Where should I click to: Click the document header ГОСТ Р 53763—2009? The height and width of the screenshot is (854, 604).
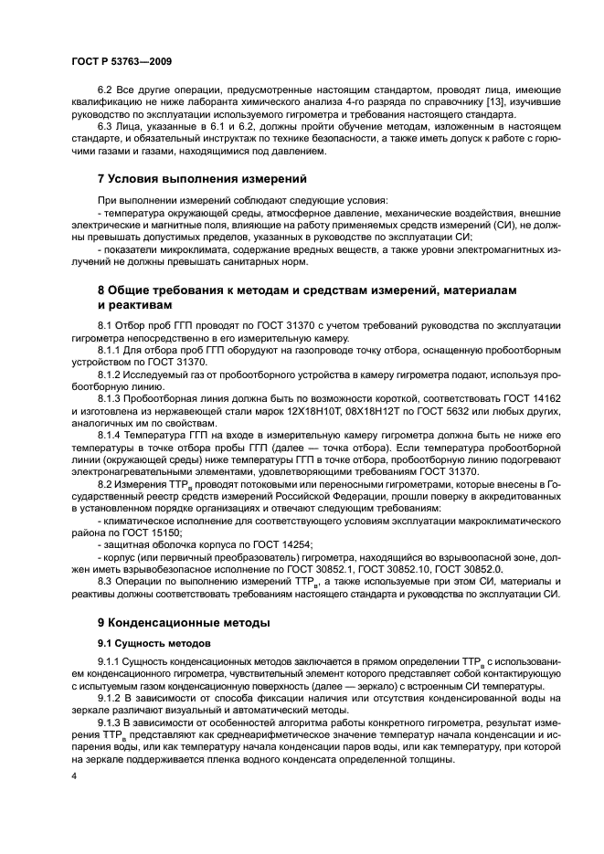coord(122,61)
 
